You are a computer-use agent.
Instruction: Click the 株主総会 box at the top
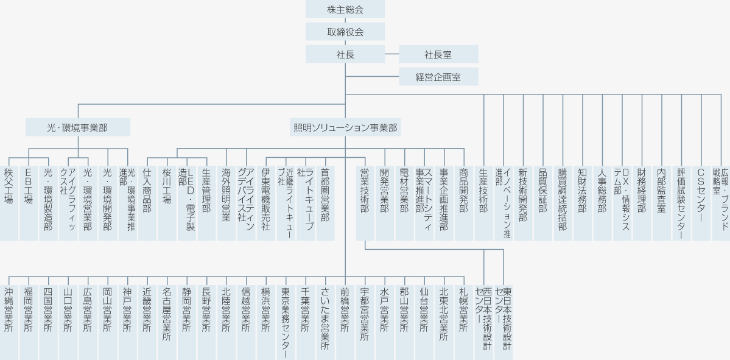pos(345,9)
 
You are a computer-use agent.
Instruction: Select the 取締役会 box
pos(345,32)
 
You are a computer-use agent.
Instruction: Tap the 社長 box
pos(345,54)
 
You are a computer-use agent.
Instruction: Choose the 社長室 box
pos(438,54)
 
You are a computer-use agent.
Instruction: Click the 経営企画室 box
pos(438,77)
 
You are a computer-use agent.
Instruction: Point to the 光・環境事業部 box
pos(78,127)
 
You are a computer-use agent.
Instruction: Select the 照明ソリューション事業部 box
pos(345,127)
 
